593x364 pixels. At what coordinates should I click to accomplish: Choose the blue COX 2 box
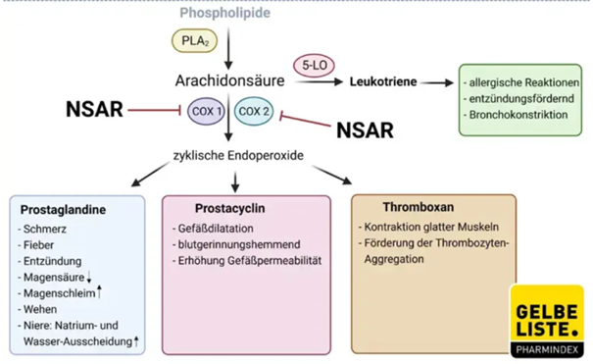[x=254, y=112]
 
